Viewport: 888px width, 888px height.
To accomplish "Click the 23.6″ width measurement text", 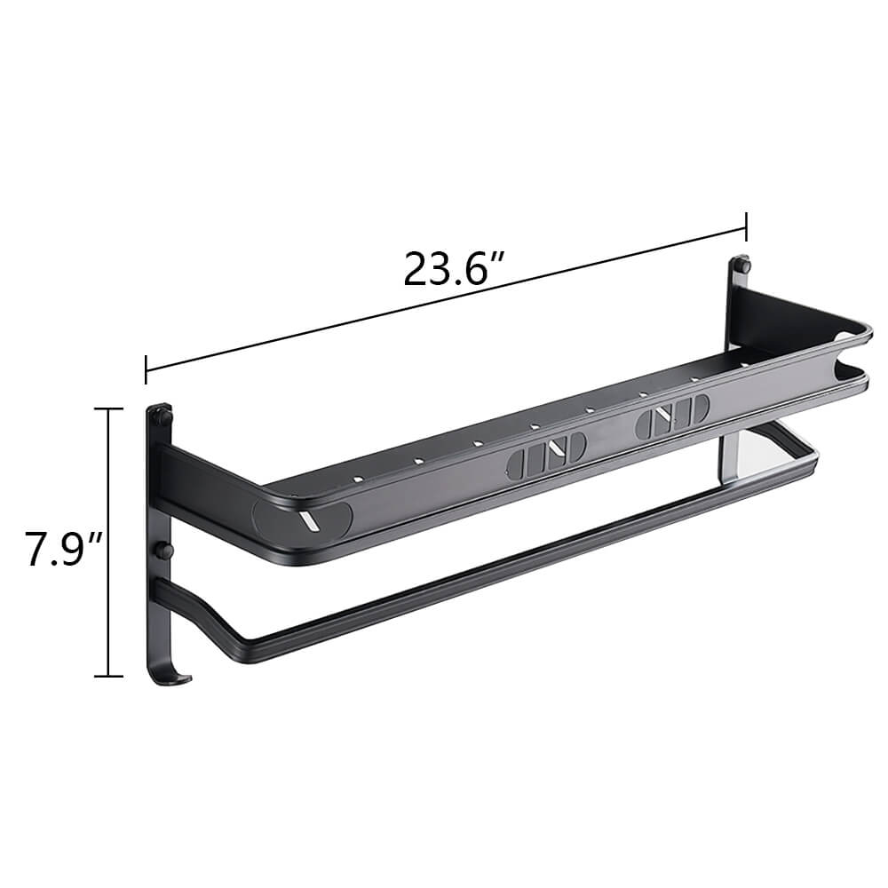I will (454, 268).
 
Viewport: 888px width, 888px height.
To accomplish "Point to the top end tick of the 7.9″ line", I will (108, 408).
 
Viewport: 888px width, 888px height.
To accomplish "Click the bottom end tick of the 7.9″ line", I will (108, 677).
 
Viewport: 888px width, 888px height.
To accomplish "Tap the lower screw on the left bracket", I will (163, 551).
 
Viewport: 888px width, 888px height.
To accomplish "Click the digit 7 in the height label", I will (38, 548).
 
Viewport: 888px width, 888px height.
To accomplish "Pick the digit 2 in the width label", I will (417, 269).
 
